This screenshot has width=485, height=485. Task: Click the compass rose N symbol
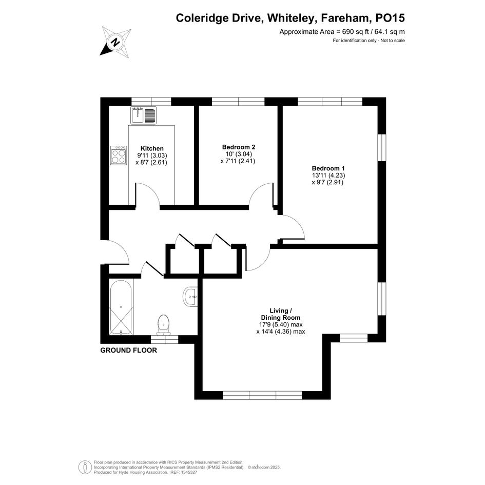point(115,42)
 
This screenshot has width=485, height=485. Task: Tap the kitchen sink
point(144,115)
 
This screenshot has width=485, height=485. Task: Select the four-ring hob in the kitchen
point(119,156)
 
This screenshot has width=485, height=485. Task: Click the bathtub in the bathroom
point(121,307)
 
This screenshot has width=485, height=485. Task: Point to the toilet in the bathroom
point(163,325)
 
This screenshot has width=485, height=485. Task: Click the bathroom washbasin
point(190,297)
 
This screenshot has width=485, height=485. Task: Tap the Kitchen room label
point(152,148)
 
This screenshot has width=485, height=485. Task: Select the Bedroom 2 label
point(239,147)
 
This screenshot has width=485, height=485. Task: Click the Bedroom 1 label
point(328,168)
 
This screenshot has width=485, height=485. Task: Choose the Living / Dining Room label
point(281,314)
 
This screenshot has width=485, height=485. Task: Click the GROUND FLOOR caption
point(129,350)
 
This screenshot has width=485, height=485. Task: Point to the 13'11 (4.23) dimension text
point(328,176)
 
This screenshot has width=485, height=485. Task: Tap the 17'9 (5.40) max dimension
point(281,324)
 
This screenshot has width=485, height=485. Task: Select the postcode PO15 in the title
point(390,18)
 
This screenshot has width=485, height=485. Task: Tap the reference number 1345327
point(188,473)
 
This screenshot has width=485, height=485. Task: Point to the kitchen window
point(151,102)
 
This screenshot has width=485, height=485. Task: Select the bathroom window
point(165,339)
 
